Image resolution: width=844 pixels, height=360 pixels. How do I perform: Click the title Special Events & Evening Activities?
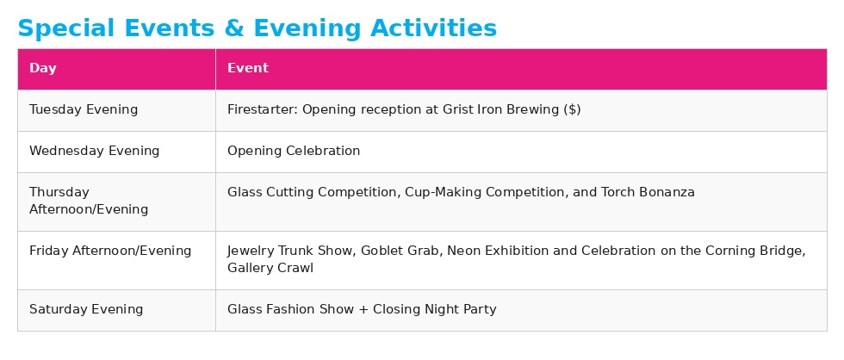tap(257, 28)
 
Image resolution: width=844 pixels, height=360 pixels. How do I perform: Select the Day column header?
tap(43, 69)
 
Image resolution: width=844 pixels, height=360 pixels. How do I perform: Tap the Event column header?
tap(248, 69)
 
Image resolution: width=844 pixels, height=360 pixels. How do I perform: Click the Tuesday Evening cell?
tap(84, 110)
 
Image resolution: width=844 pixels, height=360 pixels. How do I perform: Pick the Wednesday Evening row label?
tap(95, 152)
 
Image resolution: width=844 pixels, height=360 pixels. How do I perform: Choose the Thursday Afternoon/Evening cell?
tap(89, 201)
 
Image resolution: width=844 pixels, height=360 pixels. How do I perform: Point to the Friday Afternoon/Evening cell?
tap(110, 251)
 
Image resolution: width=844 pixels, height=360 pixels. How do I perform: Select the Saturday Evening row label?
tap(86, 310)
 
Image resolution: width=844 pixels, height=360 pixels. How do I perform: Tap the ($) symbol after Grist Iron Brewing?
tap(572, 110)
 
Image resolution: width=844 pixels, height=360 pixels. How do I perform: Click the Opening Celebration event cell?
tap(294, 152)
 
